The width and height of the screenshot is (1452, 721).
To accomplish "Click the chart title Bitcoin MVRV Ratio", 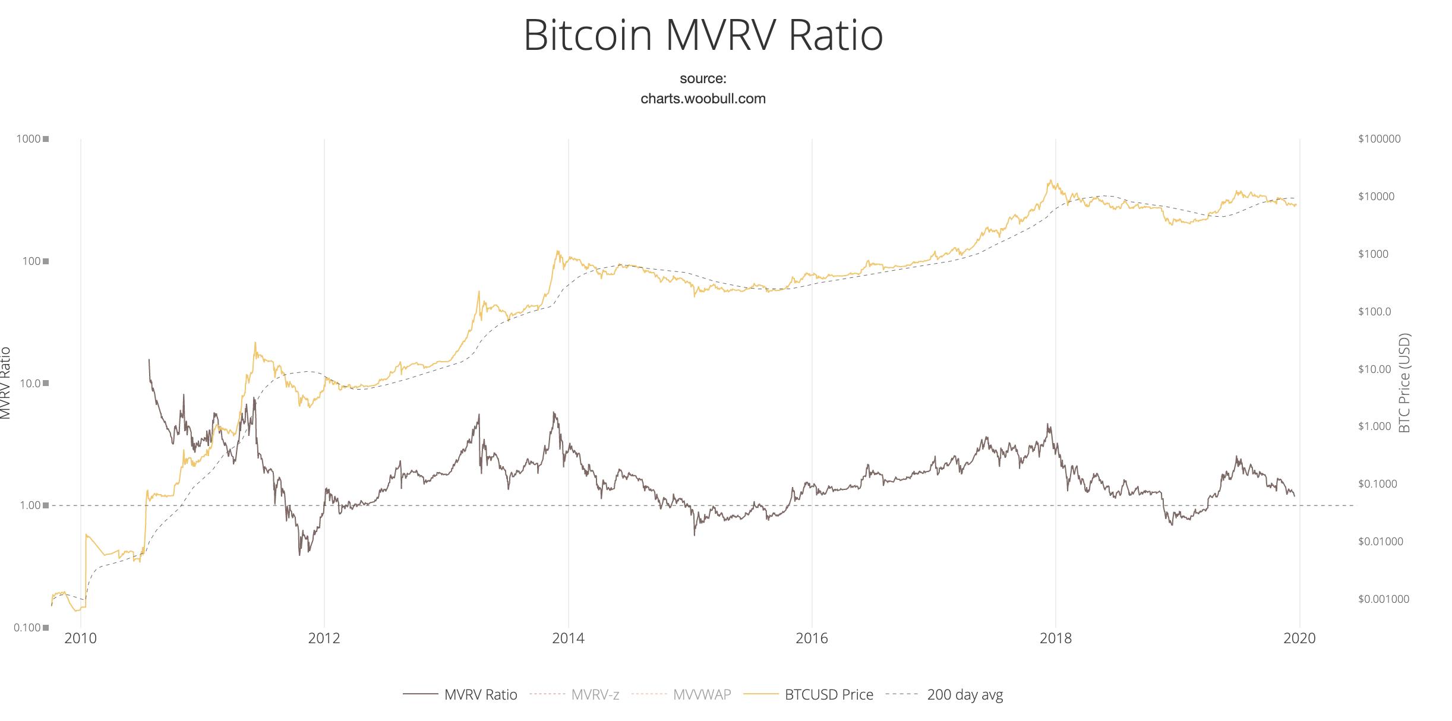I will click(703, 36).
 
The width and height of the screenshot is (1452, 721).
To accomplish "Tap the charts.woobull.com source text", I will click(703, 99).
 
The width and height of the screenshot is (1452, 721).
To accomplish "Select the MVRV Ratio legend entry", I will click(480, 694).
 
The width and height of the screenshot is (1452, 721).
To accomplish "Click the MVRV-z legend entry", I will click(595, 694).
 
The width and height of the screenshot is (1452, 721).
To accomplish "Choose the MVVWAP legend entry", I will click(702, 694).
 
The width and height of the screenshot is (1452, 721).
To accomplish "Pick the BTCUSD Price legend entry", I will click(828, 694).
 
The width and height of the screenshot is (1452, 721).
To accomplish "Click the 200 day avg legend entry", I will click(964, 694).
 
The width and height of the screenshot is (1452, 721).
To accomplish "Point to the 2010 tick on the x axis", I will click(80, 638).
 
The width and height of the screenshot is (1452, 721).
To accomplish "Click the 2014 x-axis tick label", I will click(568, 638).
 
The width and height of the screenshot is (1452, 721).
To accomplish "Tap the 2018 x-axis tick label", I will click(1056, 638).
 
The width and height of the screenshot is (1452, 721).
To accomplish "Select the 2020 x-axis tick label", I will click(1299, 638).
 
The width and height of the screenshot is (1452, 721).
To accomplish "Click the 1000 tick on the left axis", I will click(29, 139).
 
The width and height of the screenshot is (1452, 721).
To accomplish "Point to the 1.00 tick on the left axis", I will click(29, 505).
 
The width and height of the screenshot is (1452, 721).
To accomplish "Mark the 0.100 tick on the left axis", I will click(27, 628).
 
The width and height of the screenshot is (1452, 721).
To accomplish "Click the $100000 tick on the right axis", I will click(1379, 139).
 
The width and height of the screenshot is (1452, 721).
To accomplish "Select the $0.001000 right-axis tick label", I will click(1383, 599).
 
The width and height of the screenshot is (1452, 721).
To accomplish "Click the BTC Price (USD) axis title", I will click(1404, 383).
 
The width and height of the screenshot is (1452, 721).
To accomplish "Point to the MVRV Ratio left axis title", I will click(5, 383).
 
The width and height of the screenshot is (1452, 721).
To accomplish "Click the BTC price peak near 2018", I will click(1050, 181).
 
